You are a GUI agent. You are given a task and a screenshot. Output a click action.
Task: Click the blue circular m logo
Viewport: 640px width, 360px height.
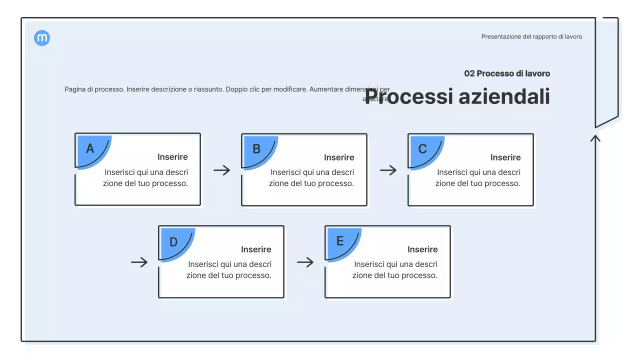tap(42, 38)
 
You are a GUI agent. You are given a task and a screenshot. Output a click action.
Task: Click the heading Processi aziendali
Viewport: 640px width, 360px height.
tap(457, 96)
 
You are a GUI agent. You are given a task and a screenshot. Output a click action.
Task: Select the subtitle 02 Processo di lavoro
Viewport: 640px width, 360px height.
tap(507, 73)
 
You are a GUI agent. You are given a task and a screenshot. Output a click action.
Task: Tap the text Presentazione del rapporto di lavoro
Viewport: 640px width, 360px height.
tap(531, 36)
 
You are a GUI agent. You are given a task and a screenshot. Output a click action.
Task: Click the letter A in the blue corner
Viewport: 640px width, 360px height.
tap(90, 148)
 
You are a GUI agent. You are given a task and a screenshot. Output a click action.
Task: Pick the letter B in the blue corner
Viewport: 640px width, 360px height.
tap(256, 149)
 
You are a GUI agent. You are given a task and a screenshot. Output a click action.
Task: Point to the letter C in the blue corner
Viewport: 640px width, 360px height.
tap(422, 149)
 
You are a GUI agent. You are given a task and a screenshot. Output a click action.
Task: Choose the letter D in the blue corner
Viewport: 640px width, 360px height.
tap(173, 242)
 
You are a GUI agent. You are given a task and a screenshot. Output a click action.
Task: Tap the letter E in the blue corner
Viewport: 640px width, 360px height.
tap(340, 241)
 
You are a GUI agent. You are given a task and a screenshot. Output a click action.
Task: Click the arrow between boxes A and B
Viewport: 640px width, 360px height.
tap(221, 170)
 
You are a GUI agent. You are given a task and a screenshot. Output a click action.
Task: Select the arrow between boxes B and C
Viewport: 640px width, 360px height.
tap(388, 170)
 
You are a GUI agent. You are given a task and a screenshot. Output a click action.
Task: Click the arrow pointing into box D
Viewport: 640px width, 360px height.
tap(139, 262)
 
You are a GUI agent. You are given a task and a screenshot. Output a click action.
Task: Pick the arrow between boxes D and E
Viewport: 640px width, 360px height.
tap(305, 262)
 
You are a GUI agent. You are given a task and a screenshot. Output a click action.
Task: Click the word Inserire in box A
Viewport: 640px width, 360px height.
tap(172, 157)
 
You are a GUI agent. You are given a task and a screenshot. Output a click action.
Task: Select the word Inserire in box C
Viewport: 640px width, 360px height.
tap(505, 157)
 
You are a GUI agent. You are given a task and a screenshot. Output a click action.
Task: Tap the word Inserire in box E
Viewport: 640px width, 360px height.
tap(422, 249)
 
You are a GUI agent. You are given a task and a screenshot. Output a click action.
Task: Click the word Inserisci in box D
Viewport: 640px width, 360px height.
tap(203, 264)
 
